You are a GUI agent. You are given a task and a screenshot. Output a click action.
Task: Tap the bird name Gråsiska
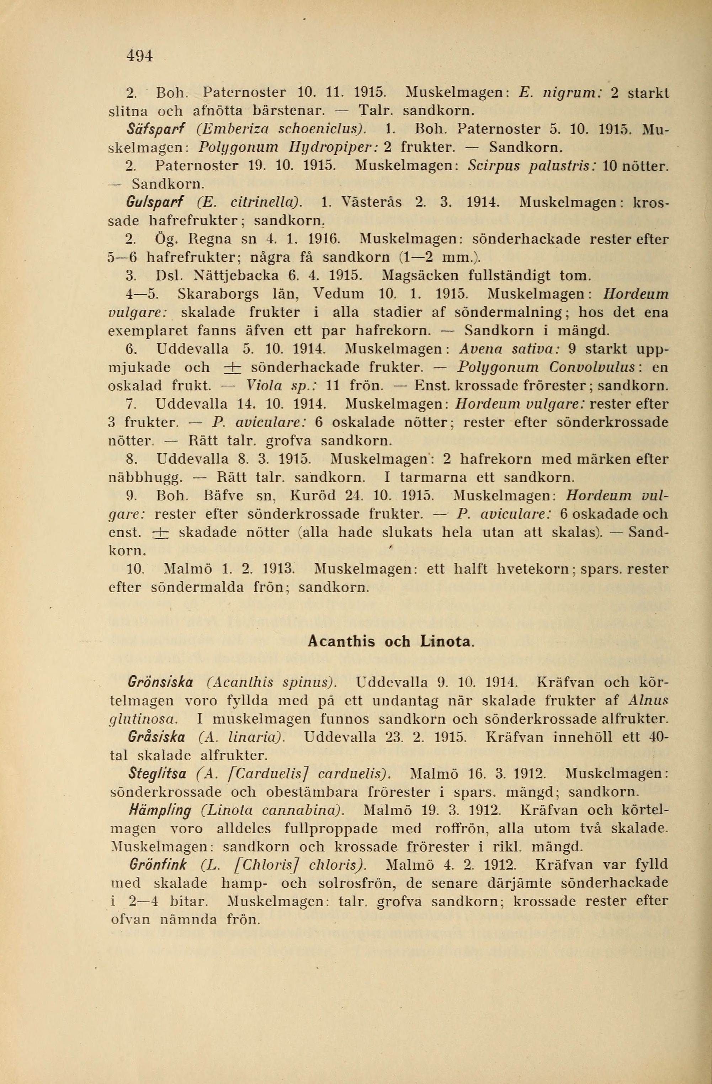pyautogui.click(x=157, y=737)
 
